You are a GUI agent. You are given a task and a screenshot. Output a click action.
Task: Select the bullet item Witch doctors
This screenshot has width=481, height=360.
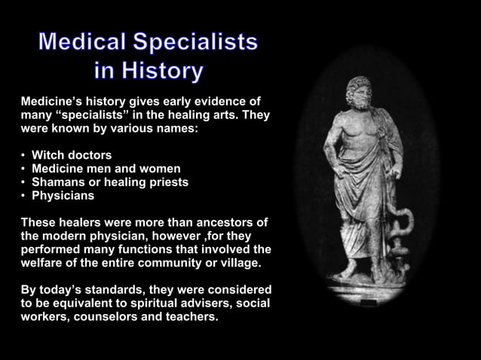tap(72, 155)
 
